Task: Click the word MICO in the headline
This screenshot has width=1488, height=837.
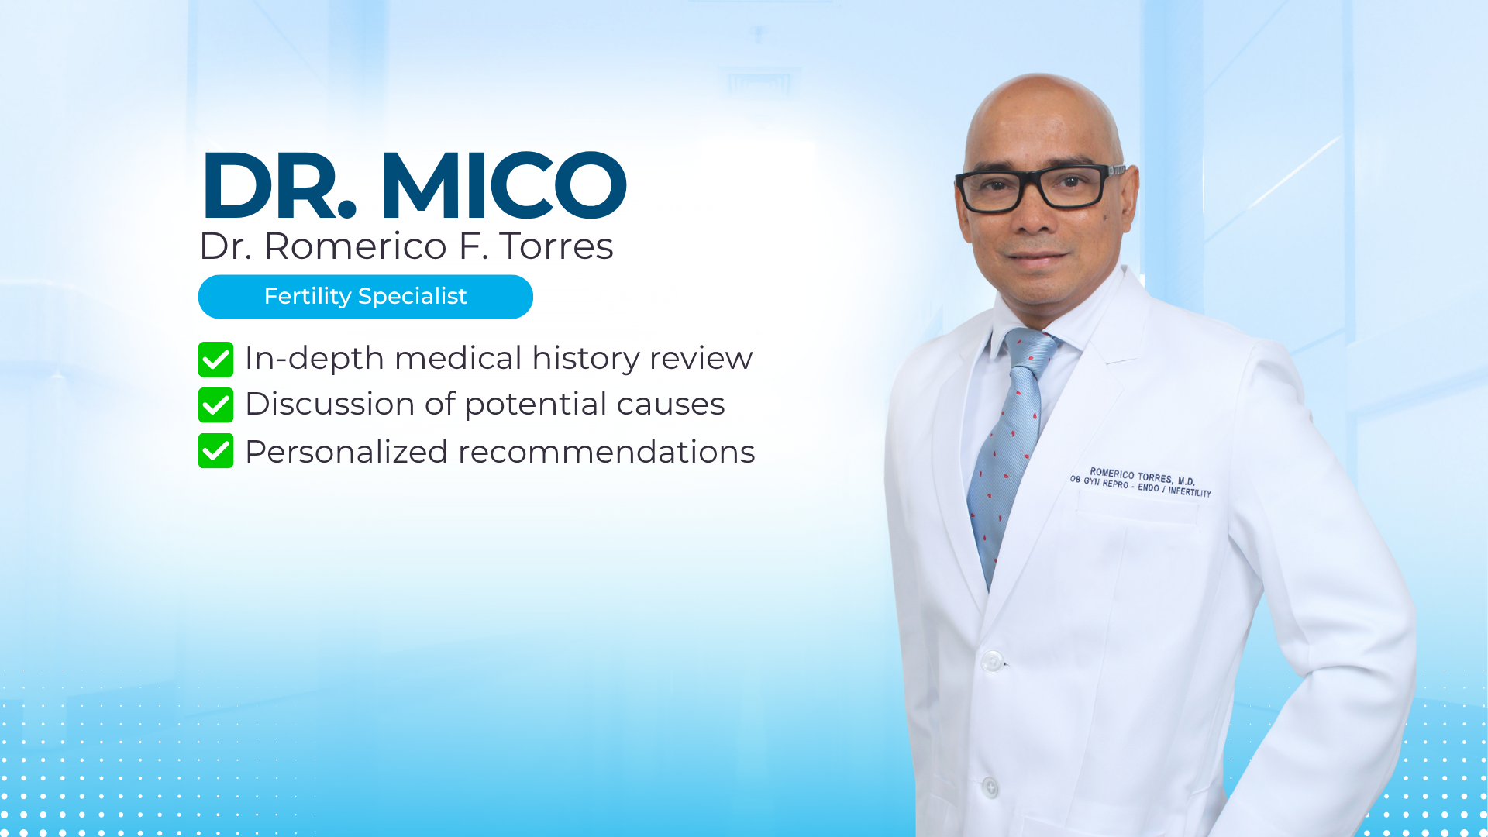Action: coord(504,186)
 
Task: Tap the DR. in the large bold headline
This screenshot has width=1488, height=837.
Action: coord(279,186)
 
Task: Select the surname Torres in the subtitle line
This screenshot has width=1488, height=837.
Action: coord(556,246)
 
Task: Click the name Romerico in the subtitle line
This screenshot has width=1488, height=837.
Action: coord(355,246)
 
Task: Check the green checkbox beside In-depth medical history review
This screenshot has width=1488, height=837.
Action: coord(215,360)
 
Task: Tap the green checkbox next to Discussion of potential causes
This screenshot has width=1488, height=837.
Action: coord(215,405)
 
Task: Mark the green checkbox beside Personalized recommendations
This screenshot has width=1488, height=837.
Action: coord(215,451)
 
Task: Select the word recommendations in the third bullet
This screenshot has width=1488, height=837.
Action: coord(606,452)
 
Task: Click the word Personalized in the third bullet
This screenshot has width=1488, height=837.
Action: coord(346,452)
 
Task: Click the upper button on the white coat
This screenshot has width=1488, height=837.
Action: coord(992,661)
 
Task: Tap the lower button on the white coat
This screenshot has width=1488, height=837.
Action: coord(990,787)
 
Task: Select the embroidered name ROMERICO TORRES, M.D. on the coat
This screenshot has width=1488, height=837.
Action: coord(1142,476)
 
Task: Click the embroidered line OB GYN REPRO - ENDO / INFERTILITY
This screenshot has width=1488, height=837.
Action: coord(1140,486)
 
